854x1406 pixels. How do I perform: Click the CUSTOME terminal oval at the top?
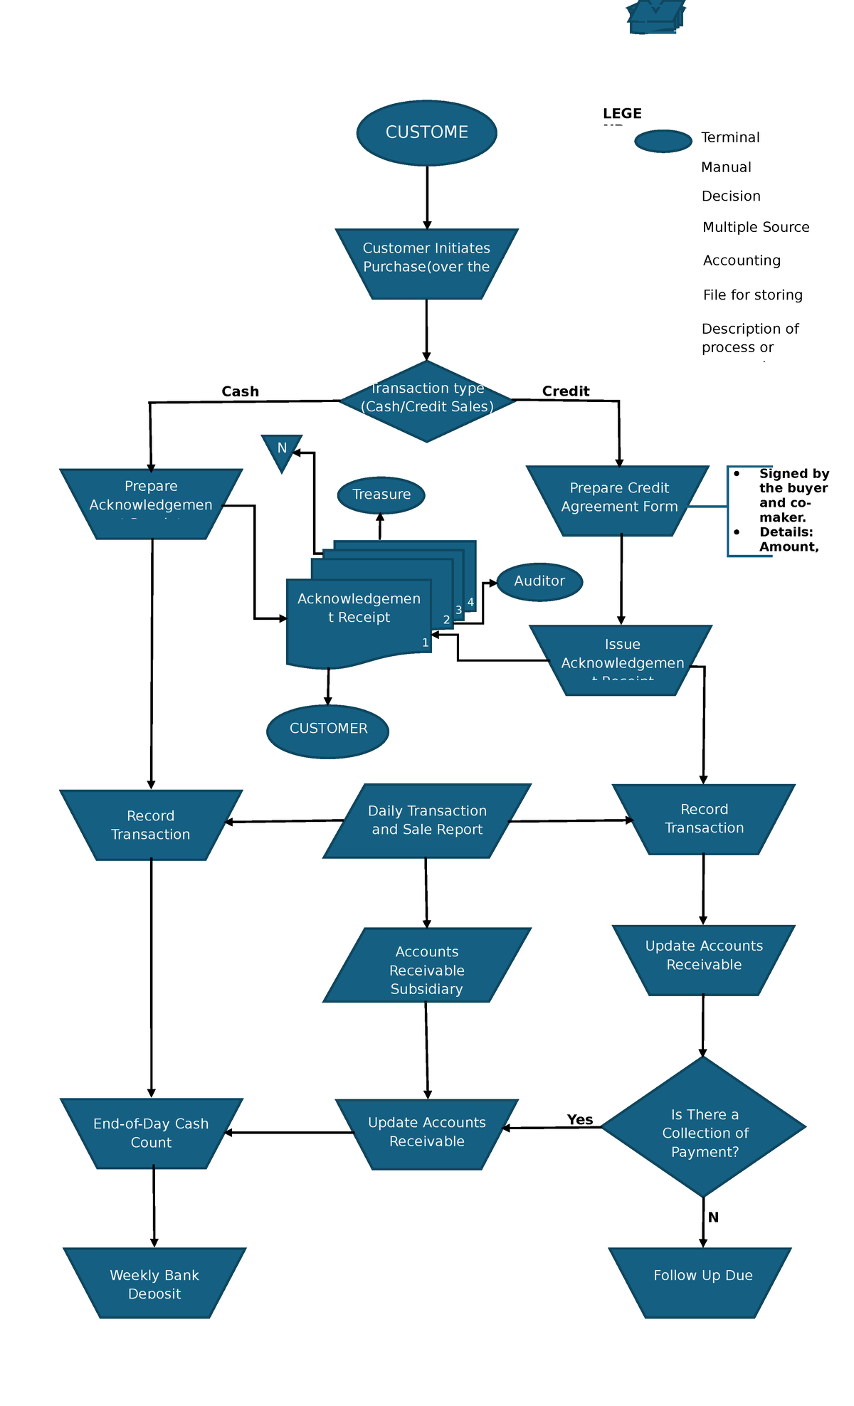point(426,133)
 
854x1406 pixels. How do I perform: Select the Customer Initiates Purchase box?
point(426,263)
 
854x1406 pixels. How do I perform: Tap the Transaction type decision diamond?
point(426,401)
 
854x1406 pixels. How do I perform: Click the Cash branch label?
point(240,391)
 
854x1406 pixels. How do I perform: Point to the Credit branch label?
point(565,391)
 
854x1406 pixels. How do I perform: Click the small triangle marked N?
point(282,450)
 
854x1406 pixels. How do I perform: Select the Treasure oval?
point(381,495)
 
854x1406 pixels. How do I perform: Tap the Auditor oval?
point(539,581)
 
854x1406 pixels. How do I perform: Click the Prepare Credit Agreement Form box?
point(618,500)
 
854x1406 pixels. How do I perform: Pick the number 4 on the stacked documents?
point(470,603)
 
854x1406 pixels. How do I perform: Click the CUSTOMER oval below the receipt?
point(328,731)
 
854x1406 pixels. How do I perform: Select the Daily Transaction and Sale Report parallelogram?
point(427,820)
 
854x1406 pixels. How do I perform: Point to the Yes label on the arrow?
point(579,1119)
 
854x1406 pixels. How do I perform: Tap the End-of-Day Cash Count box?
point(151,1132)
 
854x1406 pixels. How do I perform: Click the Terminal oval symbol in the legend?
point(663,141)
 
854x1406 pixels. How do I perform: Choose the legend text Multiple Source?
point(755,227)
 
